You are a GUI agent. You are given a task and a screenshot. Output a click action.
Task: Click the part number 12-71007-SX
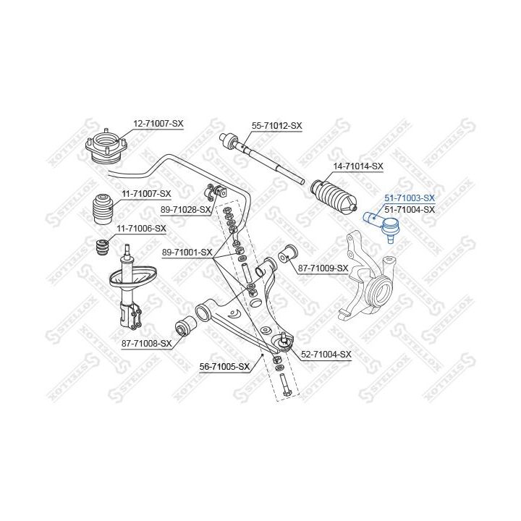coord(158,124)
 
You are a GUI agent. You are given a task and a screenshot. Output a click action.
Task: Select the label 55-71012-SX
coord(276,126)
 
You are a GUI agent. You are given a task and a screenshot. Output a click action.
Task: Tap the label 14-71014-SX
coord(358,166)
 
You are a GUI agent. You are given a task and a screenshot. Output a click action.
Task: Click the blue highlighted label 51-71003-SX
coord(410,198)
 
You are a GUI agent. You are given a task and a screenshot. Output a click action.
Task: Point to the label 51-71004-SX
coord(410,210)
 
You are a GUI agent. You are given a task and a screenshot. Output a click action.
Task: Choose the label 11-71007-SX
coord(146,194)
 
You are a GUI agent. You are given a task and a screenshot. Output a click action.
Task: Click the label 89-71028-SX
coord(186,210)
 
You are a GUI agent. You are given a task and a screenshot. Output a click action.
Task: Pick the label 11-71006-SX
coord(141,229)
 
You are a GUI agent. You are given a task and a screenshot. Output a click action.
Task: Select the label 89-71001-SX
coord(187,253)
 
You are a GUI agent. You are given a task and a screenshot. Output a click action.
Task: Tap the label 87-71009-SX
coord(323,268)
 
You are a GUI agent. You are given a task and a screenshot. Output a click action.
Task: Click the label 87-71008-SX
coord(146,344)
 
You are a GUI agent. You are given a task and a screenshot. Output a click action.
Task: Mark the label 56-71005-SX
coord(224,366)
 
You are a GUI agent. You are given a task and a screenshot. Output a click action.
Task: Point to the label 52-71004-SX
coord(326,355)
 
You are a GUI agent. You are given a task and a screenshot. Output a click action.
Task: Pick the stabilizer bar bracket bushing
coord(216,192)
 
